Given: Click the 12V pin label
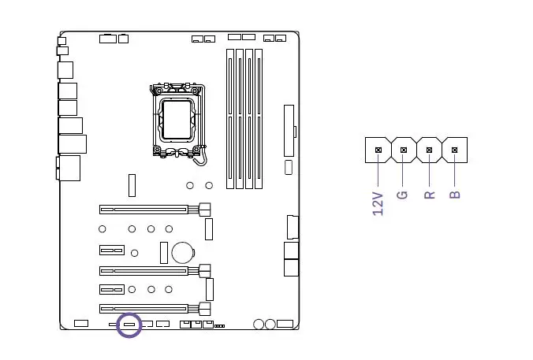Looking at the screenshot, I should click(378, 203).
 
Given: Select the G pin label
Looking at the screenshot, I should click(402, 194).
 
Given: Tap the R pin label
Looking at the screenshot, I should click(430, 194).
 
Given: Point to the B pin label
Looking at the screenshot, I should click(455, 194).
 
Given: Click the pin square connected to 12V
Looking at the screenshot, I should click(378, 149).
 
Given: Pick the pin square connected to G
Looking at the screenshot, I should click(403, 149).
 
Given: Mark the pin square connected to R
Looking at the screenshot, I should click(429, 149).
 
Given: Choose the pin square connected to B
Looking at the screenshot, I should click(454, 149).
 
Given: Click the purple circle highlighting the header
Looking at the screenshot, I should click(129, 325).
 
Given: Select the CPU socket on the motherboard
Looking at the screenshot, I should click(177, 120).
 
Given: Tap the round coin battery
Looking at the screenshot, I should click(183, 252).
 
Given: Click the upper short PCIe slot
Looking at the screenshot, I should click(112, 251).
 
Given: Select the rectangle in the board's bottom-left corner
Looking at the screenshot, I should click(80, 324).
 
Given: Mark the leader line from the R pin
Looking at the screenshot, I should click(429, 169).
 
